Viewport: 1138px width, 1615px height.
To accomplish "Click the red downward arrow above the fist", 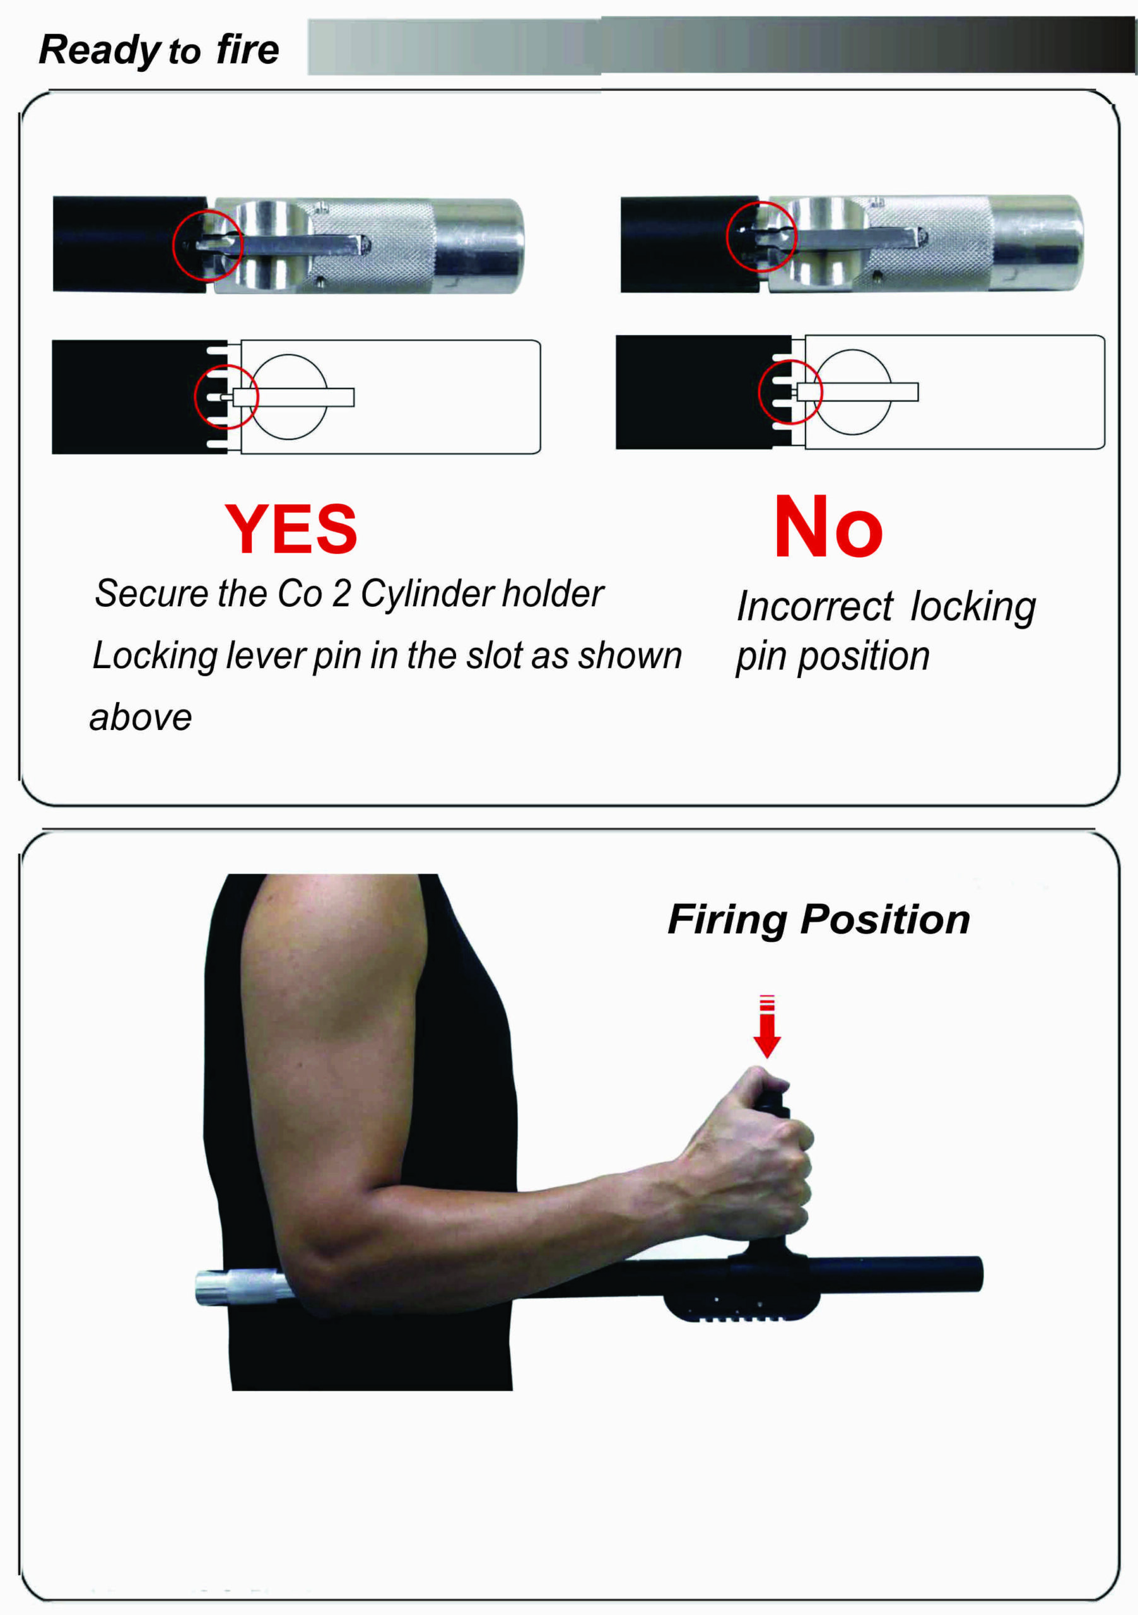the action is click(x=766, y=1026).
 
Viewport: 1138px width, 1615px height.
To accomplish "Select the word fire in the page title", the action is click(x=247, y=49).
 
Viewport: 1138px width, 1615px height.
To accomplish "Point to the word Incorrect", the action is click(x=814, y=606).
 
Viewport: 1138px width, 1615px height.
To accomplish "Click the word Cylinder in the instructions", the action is click(x=426, y=594).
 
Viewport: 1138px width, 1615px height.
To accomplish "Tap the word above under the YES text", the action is click(x=141, y=718).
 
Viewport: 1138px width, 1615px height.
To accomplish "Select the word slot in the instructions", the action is click(x=496, y=655).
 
